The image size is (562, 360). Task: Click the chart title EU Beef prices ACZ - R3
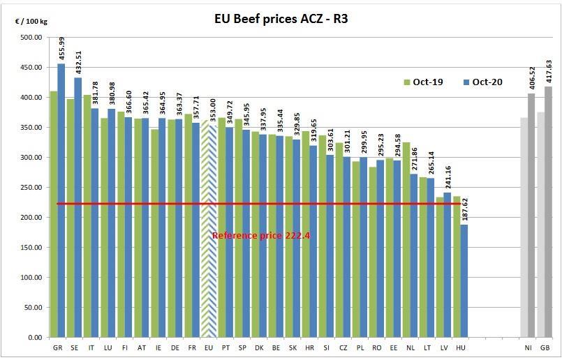point(280,18)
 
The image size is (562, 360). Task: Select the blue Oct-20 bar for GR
point(61,202)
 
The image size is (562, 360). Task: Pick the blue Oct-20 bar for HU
point(464,279)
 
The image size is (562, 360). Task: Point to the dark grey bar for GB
point(548,209)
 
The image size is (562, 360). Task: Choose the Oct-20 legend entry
point(482,82)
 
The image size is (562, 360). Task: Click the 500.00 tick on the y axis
point(30,38)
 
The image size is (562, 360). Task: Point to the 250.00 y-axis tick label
point(30,188)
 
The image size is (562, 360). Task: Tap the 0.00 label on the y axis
point(34,338)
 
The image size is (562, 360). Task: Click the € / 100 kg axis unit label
point(31,21)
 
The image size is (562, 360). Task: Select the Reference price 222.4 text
point(260,236)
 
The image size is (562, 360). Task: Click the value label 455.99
point(61,48)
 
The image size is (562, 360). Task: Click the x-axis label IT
point(91,347)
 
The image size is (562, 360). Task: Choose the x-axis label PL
point(360,347)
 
